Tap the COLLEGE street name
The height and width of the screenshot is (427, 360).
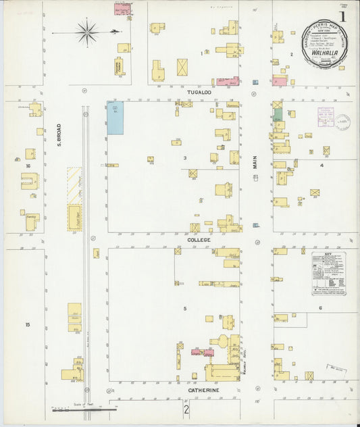click(199, 240)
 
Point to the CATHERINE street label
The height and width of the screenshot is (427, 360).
click(203, 391)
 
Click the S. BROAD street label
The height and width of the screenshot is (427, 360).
click(59, 135)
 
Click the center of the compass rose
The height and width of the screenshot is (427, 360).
click(87, 30)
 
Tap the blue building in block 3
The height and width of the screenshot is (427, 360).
click(115, 118)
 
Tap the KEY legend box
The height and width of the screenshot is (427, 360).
click(329, 274)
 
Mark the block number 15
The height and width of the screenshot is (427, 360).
click(28, 325)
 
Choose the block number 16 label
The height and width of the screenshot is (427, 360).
click(28, 166)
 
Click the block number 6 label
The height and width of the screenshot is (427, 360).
click(320, 308)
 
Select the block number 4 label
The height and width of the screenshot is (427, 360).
click(322, 166)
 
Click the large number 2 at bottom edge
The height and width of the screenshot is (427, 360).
click(186, 409)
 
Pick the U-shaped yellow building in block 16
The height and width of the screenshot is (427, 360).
click(30, 181)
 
